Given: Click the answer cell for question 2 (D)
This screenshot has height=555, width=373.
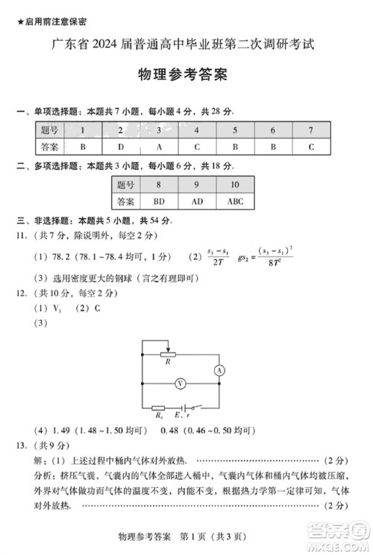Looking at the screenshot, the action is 119,147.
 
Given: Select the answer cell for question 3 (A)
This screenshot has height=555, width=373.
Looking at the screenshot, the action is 159,147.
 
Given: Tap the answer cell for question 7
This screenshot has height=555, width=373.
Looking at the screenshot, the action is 311,147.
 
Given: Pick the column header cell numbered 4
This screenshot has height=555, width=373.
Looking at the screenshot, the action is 197,130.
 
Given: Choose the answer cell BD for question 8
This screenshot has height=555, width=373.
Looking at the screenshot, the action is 158,200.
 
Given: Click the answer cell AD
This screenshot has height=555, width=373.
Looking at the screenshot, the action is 196,200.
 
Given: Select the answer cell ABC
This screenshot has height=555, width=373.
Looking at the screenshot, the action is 235,200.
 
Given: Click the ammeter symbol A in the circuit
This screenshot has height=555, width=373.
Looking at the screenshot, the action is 219,369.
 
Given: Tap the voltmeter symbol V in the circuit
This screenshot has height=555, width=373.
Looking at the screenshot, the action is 180,384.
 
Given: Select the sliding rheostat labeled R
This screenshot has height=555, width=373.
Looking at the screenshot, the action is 169,355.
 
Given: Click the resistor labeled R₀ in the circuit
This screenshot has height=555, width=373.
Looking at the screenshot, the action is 159,407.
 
